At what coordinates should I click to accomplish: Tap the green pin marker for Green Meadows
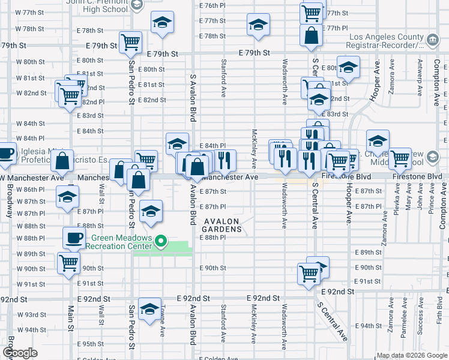tap(160, 242)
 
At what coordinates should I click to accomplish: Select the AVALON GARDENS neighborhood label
tap(221, 225)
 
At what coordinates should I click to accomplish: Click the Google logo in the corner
tap(20, 353)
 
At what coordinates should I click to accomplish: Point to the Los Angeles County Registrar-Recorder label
tap(386, 41)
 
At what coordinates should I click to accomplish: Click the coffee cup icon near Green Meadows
tap(74, 238)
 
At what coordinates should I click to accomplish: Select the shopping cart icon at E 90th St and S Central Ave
tap(309, 274)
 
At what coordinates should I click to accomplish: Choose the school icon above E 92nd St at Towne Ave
tap(148, 309)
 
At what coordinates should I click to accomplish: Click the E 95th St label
tap(94, 344)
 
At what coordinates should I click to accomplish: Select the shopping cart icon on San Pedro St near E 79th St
tap(130, 42)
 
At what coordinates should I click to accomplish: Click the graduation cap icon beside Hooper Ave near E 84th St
tap(378, 142)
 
